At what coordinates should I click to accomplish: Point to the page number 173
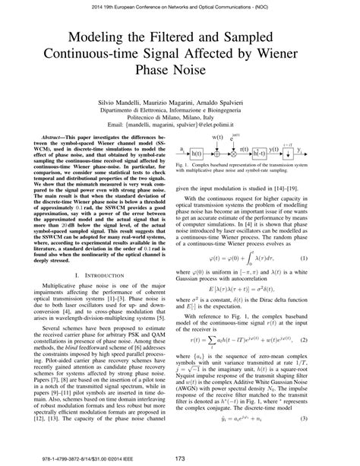(x=180, y=458)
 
